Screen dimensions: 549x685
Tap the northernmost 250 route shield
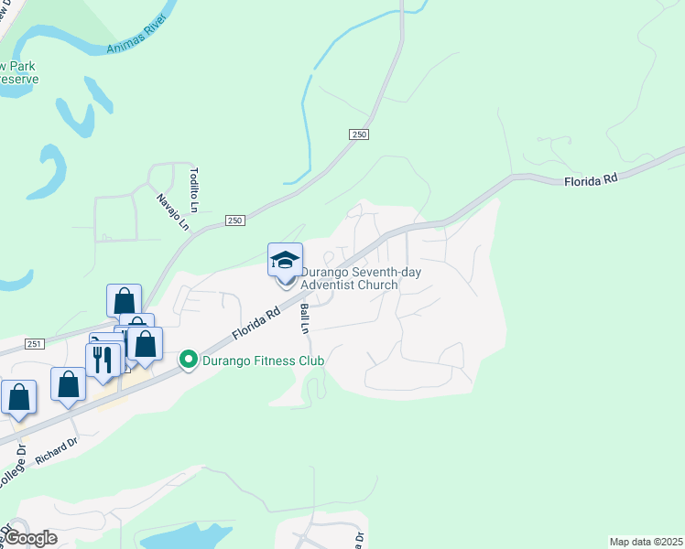click(358, 135)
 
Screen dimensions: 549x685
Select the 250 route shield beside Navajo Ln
click(235, 221)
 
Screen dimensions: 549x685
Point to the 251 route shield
click(34, 343)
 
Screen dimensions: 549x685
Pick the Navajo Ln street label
click(172, 212)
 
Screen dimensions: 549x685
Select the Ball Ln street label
click(305, 317)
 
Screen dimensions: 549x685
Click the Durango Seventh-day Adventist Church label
click(350, 278)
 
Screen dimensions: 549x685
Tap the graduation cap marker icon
click(285, 260)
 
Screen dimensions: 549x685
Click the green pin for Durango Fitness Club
click(190, 361)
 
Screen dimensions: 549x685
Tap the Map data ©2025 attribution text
click(646, 542)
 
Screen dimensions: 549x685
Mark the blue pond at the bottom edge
click(183, 537)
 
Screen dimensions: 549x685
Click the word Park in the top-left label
click(18, 67)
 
